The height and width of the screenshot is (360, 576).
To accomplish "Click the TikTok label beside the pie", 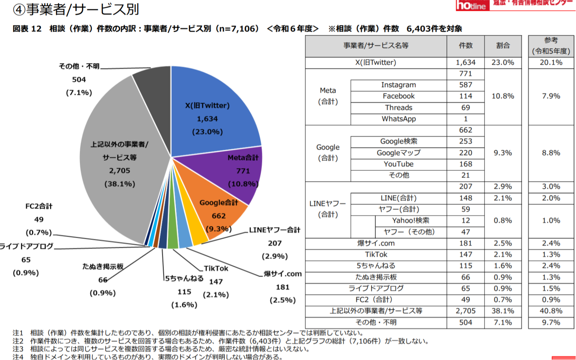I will tap(216, 268).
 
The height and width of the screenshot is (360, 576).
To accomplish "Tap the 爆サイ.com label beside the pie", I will tap(283, 274).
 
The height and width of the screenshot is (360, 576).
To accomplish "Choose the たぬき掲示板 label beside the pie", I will tap(103, 266).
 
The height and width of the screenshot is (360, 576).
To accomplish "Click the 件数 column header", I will tap(465, 46).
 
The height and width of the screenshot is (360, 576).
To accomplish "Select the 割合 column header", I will tap(503, 46).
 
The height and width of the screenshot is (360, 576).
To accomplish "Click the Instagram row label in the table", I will tap(399, 85).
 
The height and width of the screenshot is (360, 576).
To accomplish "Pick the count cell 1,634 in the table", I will tap(465, 62).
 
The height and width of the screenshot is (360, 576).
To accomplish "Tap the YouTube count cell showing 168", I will tap(465, 164).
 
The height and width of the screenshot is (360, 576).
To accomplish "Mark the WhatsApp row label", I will tap(399, 119).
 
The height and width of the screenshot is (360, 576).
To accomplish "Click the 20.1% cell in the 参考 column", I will tap(551, 62).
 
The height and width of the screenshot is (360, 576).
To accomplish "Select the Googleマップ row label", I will tap(399, 153).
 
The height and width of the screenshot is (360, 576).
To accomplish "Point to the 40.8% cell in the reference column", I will tap(551, 311).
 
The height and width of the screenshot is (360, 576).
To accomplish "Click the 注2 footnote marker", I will tap(18, 341).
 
